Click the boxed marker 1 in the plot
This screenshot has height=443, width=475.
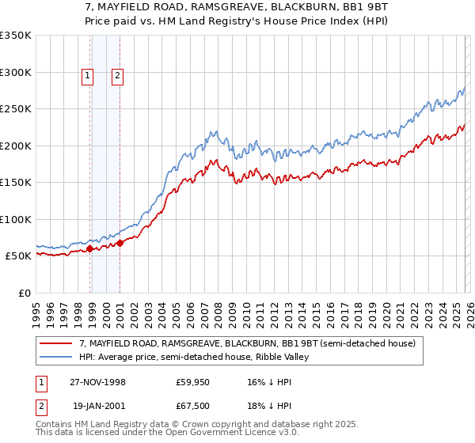pos(86,76)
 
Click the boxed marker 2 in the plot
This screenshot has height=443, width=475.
pos(117,76)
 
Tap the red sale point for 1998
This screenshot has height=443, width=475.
pos(90,248)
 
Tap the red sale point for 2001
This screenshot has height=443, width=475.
pos(120,243)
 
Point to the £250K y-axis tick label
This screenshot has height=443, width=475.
pos(16,109)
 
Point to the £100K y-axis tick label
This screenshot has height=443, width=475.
pos(16,219)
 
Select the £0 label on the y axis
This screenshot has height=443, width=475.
pos(24,293)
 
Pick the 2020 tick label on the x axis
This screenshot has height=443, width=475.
pos(386,311)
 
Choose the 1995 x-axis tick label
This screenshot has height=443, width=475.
pos(36,311)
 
